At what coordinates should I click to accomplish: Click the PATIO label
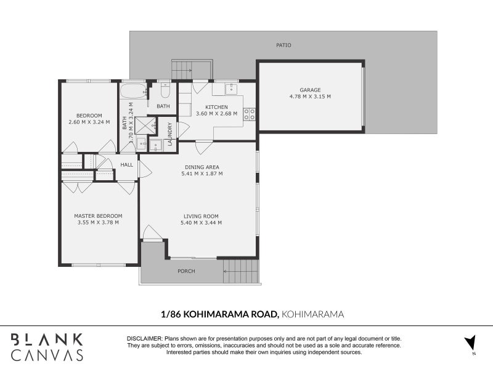point(283,46)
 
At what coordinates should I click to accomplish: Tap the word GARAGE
point(310,90)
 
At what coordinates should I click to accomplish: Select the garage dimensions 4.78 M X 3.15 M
point(310,97)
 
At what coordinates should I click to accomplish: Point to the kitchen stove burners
point(250,114)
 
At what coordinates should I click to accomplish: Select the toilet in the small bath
point(165,91)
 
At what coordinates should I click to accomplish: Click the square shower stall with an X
point(145,125)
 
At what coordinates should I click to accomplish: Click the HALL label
point(126,165)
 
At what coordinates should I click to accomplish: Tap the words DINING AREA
point(202,167)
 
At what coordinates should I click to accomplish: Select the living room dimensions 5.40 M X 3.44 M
point(202,223)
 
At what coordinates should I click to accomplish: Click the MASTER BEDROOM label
point(98,216)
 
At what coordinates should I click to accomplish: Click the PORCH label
point(186,271)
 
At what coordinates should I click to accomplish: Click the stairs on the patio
point(192,69)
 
